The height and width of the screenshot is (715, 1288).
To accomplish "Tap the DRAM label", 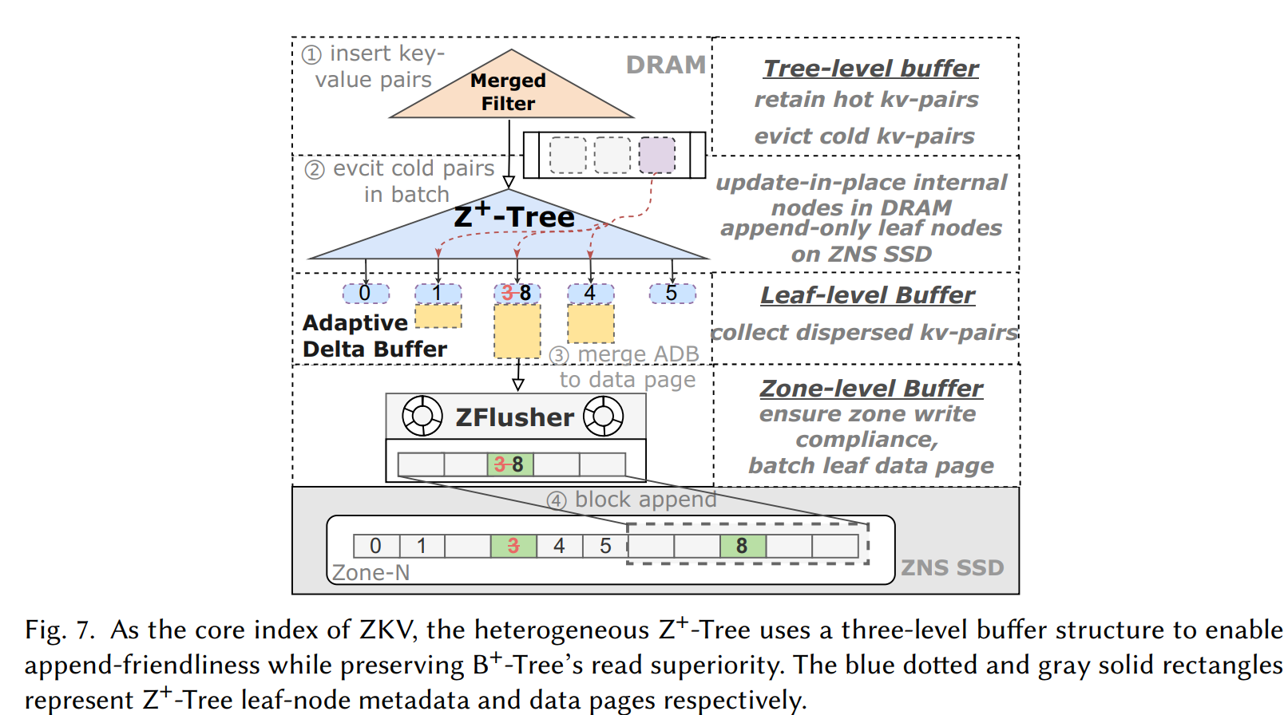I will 665,65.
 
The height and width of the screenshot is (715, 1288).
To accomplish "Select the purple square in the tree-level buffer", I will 656,155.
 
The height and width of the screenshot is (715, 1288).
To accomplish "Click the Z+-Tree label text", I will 513,215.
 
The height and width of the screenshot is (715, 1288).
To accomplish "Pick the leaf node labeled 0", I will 366,294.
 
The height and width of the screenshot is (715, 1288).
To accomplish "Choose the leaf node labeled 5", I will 672,294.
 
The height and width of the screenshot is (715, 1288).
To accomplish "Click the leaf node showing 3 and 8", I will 517,294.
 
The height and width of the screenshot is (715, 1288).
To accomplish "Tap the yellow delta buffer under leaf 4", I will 591,323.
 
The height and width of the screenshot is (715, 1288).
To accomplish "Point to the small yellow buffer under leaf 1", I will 438,316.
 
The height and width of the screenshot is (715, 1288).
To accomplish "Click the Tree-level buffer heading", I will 870,69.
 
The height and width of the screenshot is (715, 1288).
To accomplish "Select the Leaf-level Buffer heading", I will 867,295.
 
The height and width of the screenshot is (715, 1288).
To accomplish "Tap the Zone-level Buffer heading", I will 871,389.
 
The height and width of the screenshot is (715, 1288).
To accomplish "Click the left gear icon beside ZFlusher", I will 422,416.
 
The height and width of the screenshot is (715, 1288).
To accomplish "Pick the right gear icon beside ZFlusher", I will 603,416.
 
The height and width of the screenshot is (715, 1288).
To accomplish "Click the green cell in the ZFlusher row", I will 509,464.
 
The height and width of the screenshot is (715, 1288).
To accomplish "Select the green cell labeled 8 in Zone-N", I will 742,546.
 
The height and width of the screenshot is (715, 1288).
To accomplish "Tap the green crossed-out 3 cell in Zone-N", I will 513,546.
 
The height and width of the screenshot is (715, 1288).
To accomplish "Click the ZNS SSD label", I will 952,567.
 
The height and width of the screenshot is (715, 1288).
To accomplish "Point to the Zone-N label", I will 371,573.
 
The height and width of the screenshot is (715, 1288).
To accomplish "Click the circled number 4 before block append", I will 557,500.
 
